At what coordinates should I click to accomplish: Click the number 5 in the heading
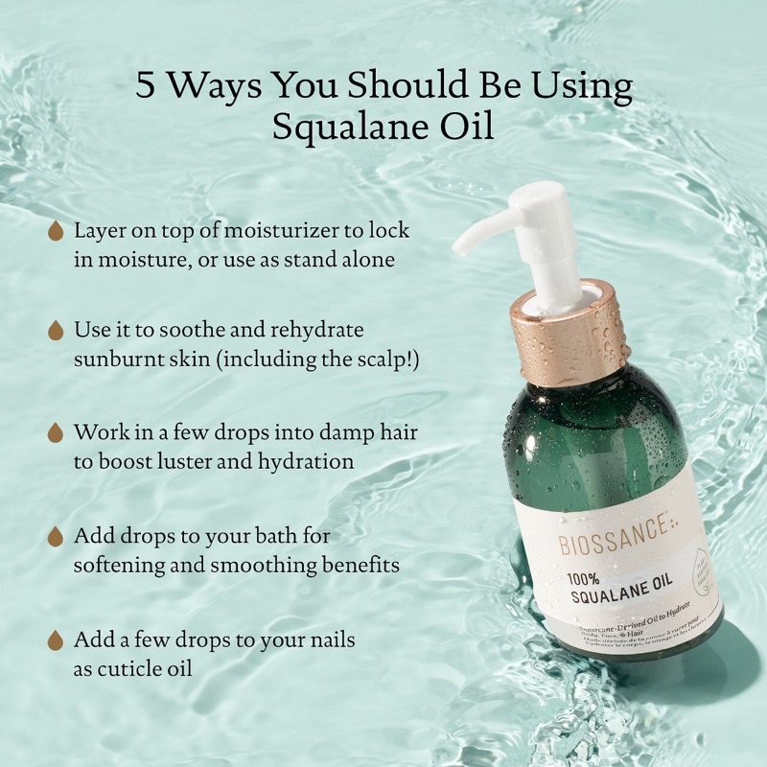[x=146, y=87]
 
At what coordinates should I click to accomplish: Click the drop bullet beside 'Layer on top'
[x=57, y=232]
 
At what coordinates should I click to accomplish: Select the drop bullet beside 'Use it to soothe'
[x=57, y=330]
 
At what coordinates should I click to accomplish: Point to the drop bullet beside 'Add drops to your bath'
[x=57, y=536]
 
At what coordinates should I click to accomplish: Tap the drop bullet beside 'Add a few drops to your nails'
[x=57, y=639]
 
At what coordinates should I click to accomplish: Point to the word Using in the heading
[x=587, y=87]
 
